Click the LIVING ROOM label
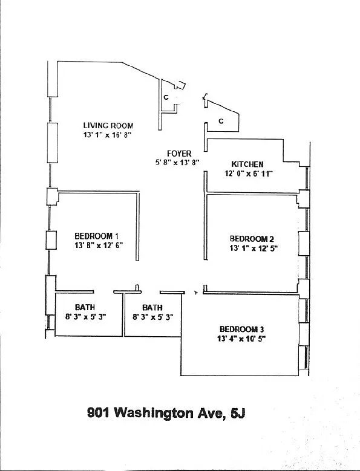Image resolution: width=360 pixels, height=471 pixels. (x=108, y=126)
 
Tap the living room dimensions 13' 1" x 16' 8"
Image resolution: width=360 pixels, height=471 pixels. (x=107, y=135)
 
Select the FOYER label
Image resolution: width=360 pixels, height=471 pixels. (x=179, y=154)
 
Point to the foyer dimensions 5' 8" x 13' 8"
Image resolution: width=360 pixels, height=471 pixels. (x=177, y=163)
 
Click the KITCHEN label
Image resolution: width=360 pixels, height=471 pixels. (x=247, y=164)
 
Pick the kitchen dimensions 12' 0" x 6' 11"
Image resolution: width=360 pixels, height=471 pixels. (x=249, y=174)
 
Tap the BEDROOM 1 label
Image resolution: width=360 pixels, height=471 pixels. (x=96, y=236)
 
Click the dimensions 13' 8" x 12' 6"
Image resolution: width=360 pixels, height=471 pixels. (x=99, y=245)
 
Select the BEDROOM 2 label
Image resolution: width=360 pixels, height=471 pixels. (x=252, y=239)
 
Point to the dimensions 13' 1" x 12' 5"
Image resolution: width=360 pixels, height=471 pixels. (x=254, y=248)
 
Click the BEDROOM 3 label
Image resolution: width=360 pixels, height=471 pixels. (x=241, y=330)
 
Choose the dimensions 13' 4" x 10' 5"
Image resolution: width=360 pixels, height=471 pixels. (x=241, y=339)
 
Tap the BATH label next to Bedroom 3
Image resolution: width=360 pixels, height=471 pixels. (x=152, y=308)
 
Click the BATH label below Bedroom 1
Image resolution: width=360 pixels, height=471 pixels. (x=85, y=307)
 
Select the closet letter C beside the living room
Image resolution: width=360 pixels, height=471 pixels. (x=166, y=97)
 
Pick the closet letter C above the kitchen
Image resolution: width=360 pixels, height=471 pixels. (x=221, y=121)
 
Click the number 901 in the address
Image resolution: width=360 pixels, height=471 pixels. (x=98, y=413)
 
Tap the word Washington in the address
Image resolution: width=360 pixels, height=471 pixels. (x=154, y=414)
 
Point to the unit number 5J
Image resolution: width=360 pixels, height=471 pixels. (x=238, y=413)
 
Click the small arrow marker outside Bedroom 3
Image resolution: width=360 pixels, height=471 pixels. (x=196, y=292)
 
